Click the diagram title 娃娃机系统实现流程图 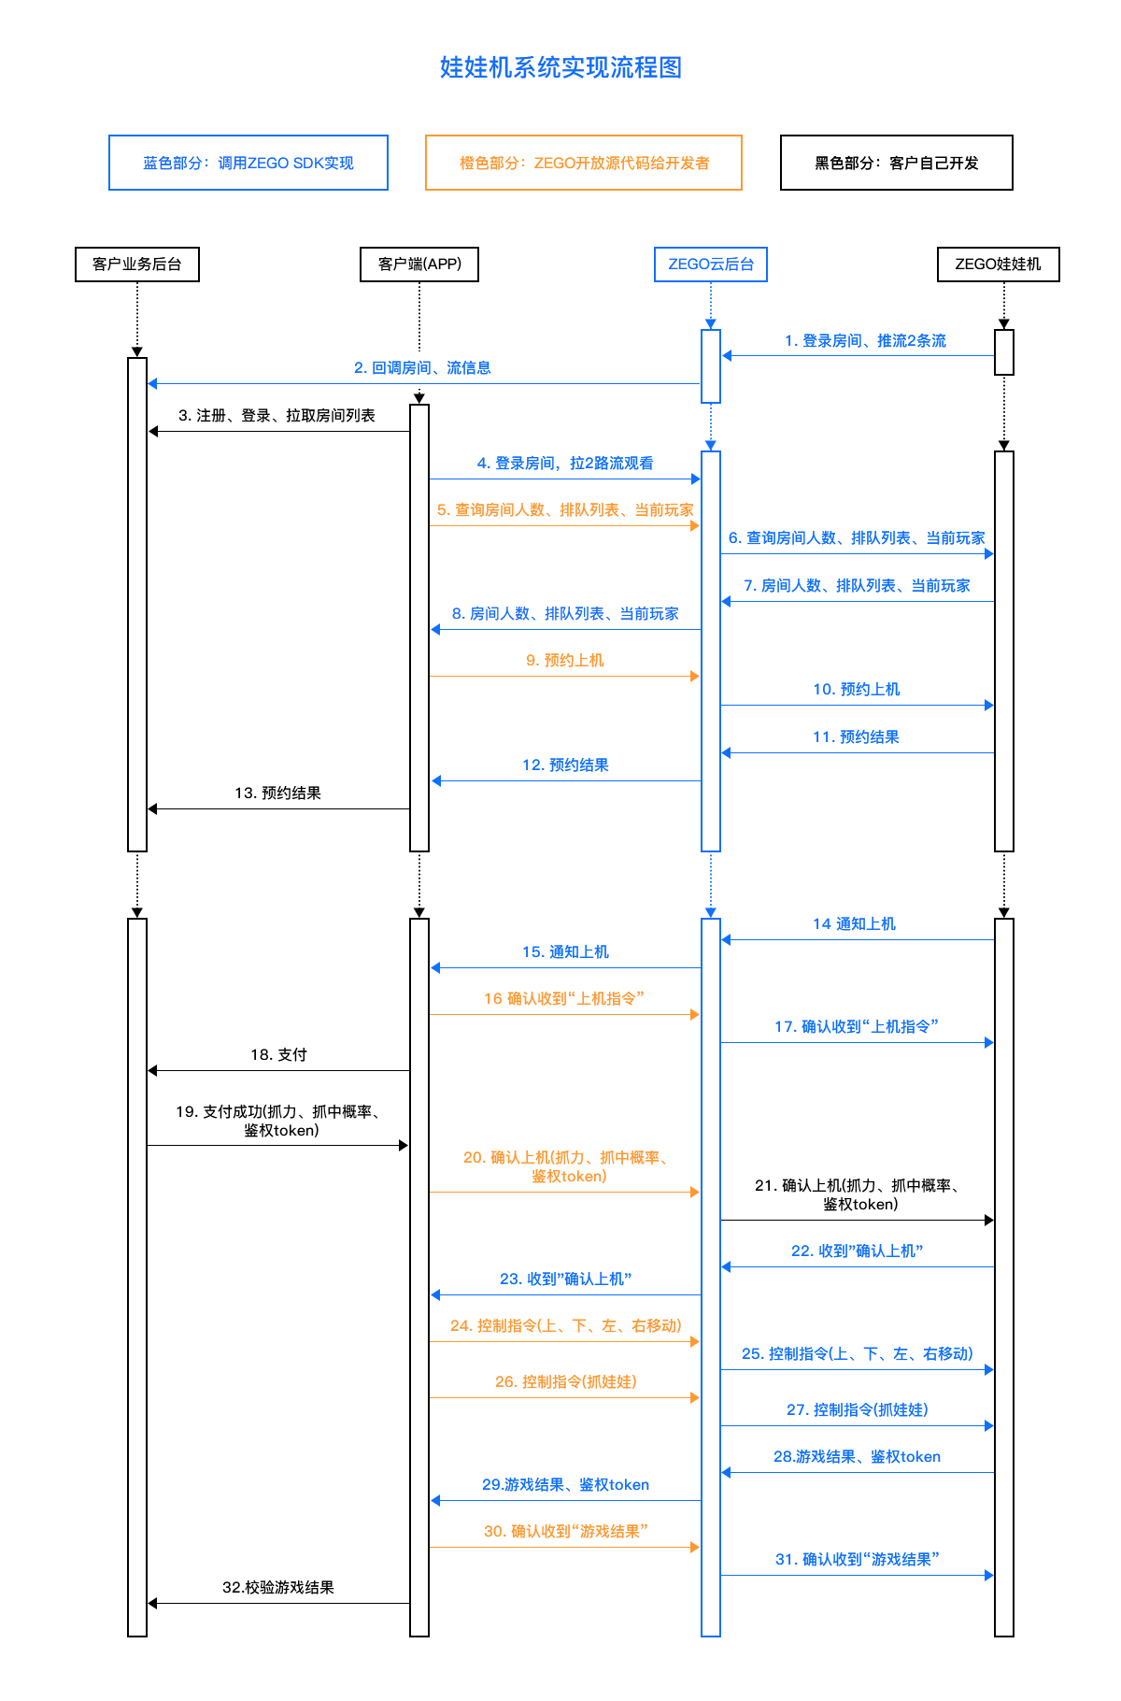[560, 67]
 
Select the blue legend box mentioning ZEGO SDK [248, 163]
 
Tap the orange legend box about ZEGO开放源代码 [584, 163]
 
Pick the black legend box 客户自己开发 [896, 163]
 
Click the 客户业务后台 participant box [137, 264]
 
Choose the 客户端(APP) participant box [419, 264]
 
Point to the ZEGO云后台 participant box [711, 264]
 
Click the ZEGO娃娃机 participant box [998, 264]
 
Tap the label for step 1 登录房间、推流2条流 [865, 341]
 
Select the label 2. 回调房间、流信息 [422, 368]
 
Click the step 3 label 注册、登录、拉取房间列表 [277, 416]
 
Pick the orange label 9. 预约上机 [564, 661]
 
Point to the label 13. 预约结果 [277, 793]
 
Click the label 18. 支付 [278, 1055]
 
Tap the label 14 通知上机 [854, 924]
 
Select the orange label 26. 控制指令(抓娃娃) [565, 1382]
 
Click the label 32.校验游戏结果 [277, 1588]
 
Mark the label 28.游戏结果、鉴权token [857, 1457]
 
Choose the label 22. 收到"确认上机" [857, 1251]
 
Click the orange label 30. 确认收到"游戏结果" [565, 1532]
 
